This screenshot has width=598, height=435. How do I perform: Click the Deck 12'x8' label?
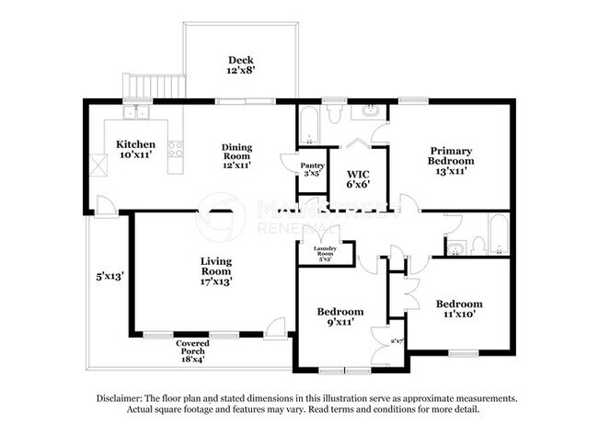(241, 64)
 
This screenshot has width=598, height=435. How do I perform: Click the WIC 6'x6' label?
(358, 178)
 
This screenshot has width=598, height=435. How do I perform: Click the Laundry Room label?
(325, 254)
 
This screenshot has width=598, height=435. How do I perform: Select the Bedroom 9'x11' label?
(339, 317)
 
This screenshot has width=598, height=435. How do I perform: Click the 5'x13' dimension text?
(109, 275)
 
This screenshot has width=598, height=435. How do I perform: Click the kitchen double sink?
(141, 114)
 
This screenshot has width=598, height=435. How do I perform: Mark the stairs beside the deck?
(144, 87)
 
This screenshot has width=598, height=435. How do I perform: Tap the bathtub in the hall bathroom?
(497, 235)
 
